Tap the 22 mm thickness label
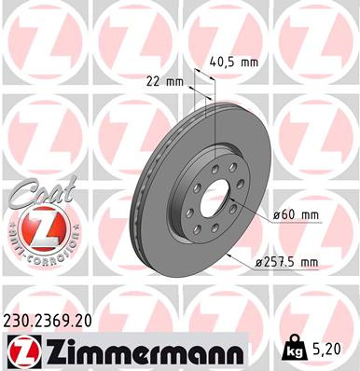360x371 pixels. [x=164, y=80]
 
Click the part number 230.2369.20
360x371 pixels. [x=54, y=319]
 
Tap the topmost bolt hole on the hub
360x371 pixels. [x=215, y=159]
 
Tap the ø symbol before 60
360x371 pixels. [x=279, y=215]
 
